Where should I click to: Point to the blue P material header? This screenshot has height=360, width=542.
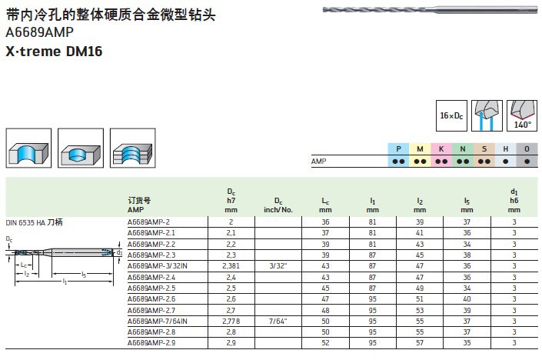(x=399, y=149)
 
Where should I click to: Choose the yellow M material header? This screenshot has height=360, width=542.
(x=421, y=149)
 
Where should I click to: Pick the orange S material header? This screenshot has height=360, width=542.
(x=484, y=149)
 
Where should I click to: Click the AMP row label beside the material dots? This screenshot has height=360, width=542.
(x=319, y=162)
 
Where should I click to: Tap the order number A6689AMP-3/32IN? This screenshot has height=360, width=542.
(x=158, y=265)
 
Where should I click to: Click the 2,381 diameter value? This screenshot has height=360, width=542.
(x=231, y=265)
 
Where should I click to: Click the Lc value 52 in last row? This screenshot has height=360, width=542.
(x=325, y=342)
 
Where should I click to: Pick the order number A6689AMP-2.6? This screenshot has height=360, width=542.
(x=151, y=298)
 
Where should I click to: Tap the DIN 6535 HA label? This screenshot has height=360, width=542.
(x=35, y=221)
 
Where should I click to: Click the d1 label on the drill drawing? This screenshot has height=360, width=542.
(x=120, y=252)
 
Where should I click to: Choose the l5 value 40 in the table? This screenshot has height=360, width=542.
(x=467, y=298)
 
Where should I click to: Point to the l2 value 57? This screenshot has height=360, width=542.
(x=420, y=342)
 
